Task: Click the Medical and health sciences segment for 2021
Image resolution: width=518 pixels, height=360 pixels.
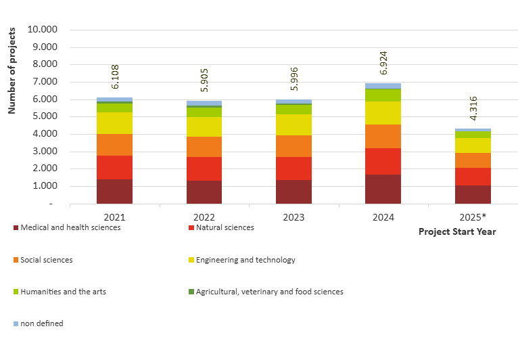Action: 114,191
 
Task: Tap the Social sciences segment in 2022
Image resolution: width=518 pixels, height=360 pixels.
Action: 204,147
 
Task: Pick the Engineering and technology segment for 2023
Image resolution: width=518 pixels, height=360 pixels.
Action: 293,125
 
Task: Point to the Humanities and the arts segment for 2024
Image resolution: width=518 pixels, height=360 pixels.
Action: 383,95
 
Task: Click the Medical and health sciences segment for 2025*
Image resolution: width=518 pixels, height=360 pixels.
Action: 473,194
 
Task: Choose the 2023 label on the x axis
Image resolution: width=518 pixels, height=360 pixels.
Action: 293,217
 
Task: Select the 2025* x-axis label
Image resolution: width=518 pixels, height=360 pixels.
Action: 473,217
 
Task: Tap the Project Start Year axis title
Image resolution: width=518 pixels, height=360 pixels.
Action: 457,231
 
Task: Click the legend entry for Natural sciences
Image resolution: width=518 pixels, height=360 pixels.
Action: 225,227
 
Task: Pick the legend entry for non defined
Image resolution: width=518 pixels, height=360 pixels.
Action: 41,323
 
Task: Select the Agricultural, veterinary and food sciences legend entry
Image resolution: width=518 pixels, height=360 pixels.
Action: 269,292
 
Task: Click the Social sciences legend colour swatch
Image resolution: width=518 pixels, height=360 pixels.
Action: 16,260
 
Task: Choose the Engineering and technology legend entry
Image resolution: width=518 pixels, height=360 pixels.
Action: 245,260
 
